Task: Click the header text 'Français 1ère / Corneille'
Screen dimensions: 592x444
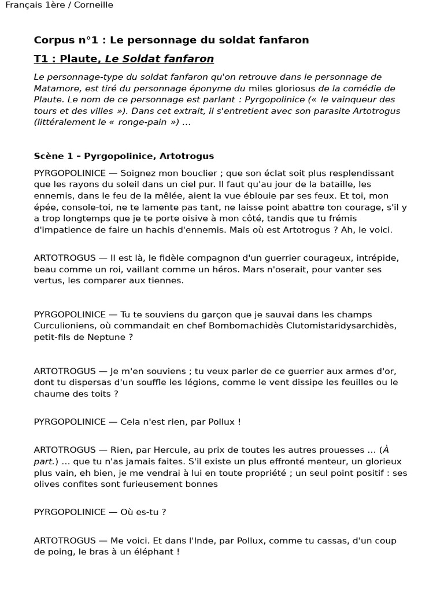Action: pyautogui.click(x=59, y=5)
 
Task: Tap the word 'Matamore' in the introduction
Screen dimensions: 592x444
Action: pyautogui.click(x=55, y=88)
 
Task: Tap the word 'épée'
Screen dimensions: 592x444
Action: pyautogui.click(x=45, y=207)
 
